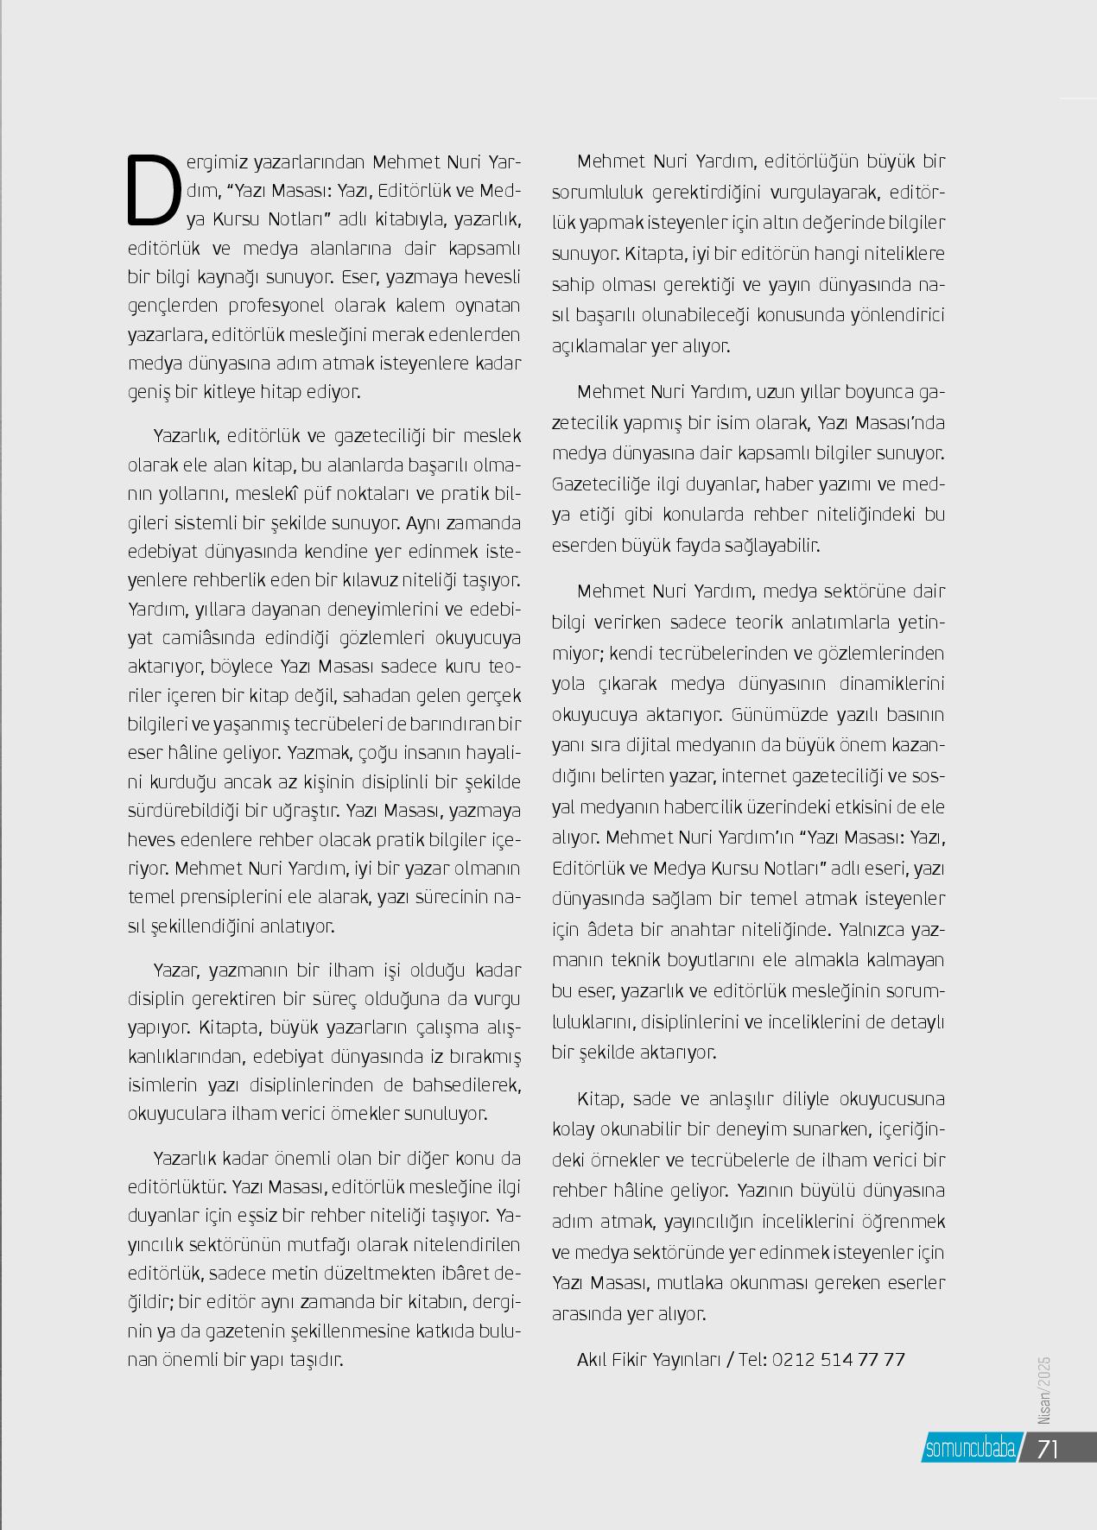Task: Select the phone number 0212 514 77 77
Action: (838, 1360)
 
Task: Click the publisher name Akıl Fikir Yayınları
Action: (649, 1360)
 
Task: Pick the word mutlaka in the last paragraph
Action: (691, 1283)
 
